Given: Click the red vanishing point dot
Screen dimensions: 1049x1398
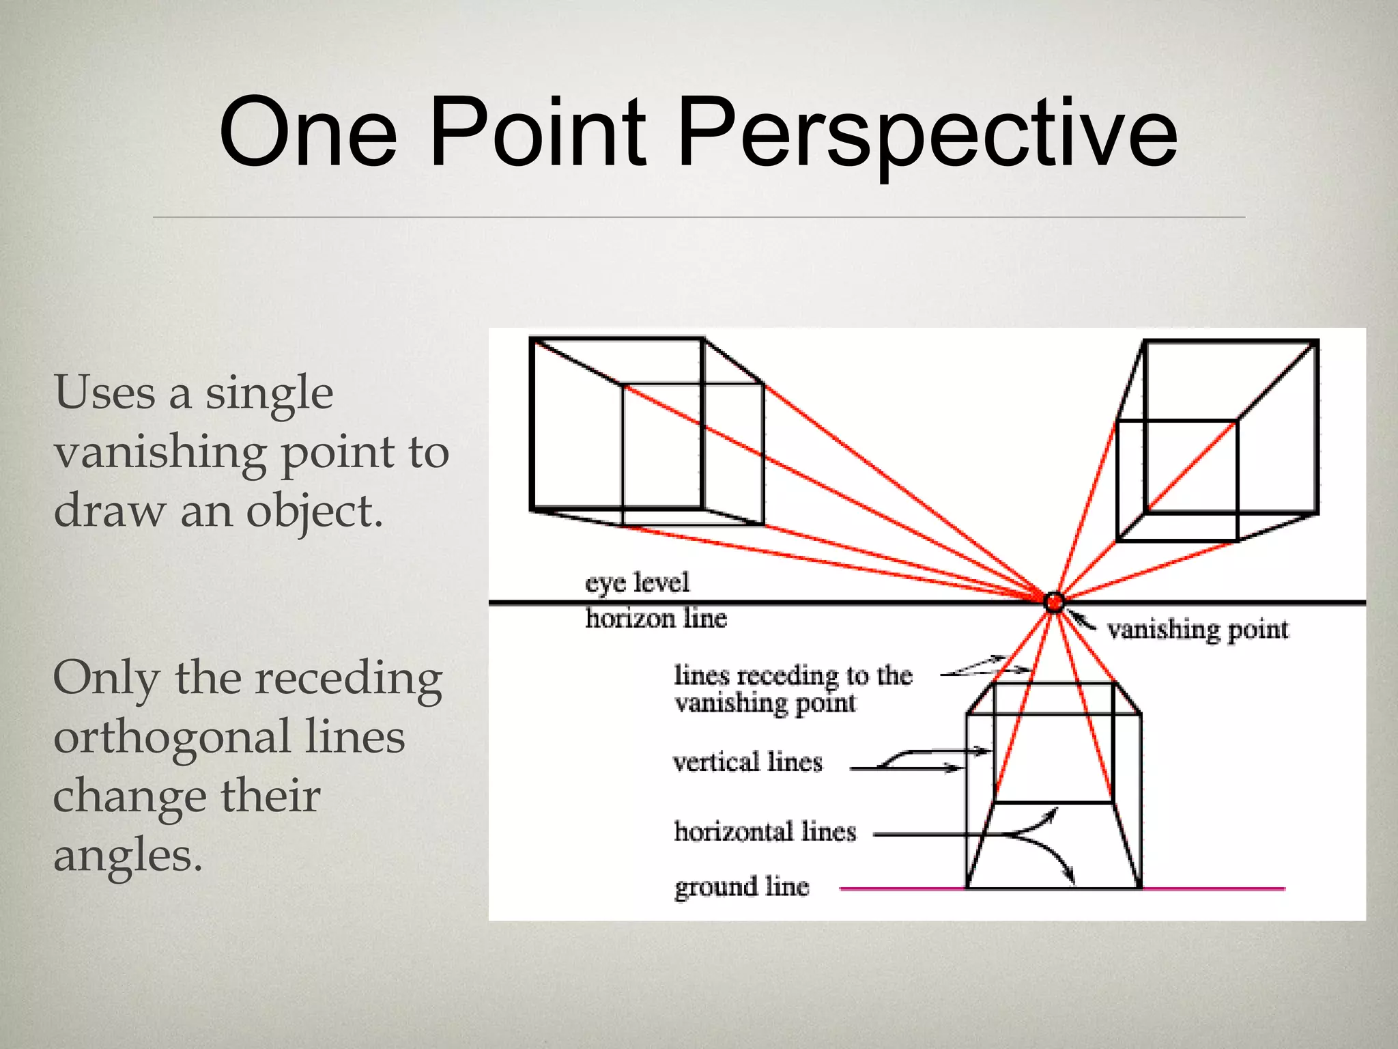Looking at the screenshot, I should (1054, 602).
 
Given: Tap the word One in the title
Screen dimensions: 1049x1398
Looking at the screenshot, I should (308, 132).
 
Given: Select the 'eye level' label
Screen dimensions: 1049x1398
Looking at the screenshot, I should (638, 583).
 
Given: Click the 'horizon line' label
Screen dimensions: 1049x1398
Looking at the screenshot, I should (656, 618).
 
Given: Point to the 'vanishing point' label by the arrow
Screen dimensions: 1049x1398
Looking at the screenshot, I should (1197, 630).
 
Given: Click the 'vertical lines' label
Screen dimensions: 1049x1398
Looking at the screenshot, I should (747, 762).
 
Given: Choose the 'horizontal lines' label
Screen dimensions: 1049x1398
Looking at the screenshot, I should (765, 832).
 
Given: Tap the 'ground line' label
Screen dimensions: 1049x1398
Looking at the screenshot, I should (741, 887).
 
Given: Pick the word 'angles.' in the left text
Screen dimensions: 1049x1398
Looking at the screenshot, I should (128, 855).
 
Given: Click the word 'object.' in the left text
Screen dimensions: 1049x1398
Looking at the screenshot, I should (314, 511).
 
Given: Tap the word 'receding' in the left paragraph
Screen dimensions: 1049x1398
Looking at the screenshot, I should (349, 680).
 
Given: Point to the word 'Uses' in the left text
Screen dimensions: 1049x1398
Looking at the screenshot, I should (104, 393).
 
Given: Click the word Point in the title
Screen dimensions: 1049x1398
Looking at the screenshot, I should (538, 132).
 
